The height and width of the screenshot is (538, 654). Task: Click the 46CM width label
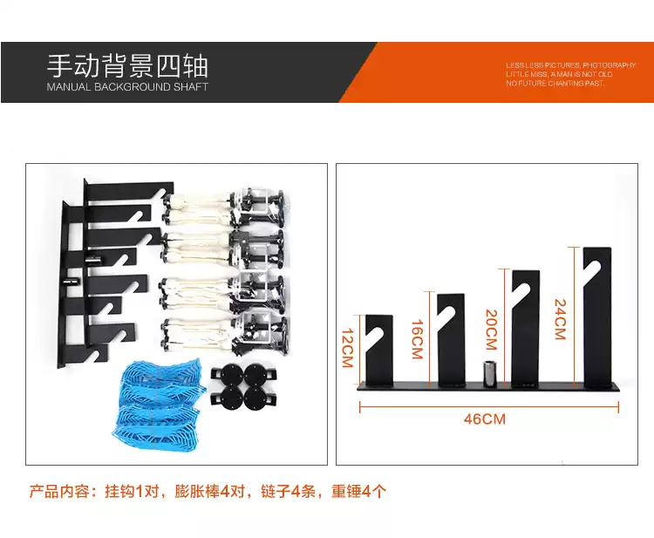pyautogui.click(x=485, y=419)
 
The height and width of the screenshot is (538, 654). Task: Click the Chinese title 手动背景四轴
pyautogui.click(x=127, y=66)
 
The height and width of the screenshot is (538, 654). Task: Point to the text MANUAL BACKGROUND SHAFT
pyautogui.click(x=127, y=87)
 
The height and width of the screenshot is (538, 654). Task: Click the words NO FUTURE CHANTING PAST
pyautogui.click(x=555, y=84)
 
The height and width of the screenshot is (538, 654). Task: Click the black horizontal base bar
pyautogui.click(x=488, y=389)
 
